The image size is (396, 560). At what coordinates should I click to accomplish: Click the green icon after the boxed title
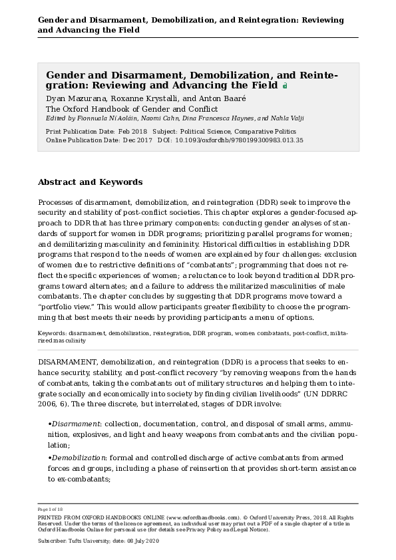click(285, 86)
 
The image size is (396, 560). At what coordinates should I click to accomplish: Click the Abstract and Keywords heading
click(90, 182)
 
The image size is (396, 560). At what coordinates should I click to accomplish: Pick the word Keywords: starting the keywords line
click(52, 333)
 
